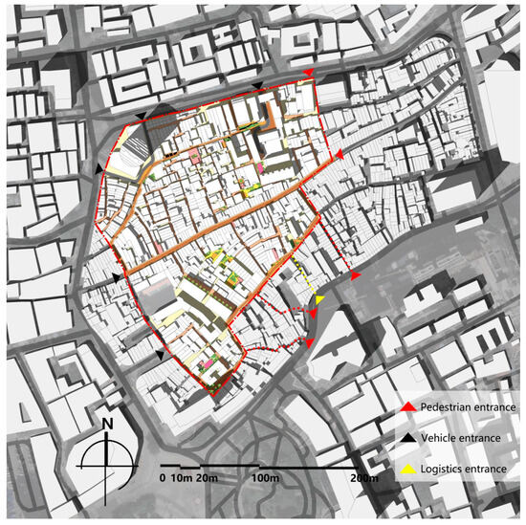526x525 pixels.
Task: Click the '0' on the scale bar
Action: click(164, 476)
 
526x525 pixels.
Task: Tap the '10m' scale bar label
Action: click(182, 476)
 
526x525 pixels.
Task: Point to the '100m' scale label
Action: click(265, 476)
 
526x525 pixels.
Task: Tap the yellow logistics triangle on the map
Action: click(319, 301)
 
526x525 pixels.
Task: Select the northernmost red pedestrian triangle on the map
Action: click(307, 74)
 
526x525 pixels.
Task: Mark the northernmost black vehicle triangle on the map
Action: click(256, 88)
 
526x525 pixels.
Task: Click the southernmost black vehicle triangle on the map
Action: click(160, 355)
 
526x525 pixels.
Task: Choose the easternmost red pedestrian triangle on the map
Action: click(355, 275)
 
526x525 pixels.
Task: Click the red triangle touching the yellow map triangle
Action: click(314, 313)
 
